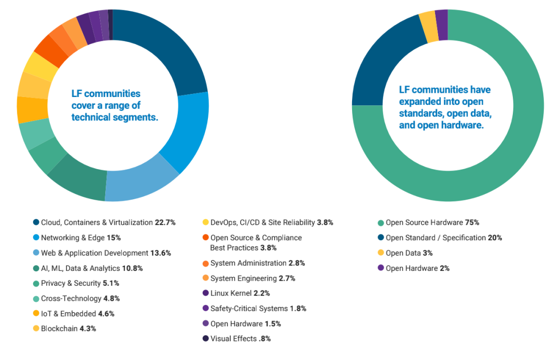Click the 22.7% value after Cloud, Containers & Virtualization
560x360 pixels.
pyautogui.click(x=165, y=223)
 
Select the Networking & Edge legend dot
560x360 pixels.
pyautogui.click(x=36, y=238)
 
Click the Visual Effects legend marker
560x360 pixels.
pyautogui.click(x=205, y=339)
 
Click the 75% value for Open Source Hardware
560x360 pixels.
pyautogui.click(x=472, y=223)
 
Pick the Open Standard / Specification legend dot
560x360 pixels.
pyautogui.click(x=381, y=238)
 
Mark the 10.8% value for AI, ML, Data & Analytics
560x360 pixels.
pyautogui.click(x=133, y=268)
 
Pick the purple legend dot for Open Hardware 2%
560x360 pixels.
pyautogui.click(x=381, y=268)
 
